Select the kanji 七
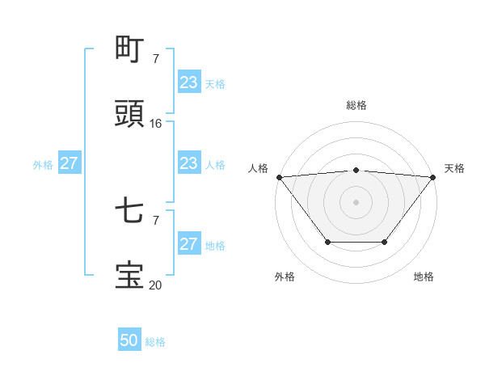(129, 212)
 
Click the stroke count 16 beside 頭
(156, 124)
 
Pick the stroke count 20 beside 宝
(156, 285)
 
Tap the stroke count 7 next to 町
(156, 58)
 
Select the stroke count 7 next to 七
(156, 220)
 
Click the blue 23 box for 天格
(188, 82)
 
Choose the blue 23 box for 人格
(188, 163)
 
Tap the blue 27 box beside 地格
(188, 244)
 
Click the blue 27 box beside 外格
(69, 163)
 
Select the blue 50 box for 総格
(129, 340)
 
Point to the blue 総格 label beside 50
(155, 342)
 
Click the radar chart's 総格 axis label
(356, 105)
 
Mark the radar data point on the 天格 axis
(433, 177)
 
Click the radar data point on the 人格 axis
(279, 177)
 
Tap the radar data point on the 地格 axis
(385, 242)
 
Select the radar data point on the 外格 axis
(327, 242)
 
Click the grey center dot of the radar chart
(356, 202)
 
